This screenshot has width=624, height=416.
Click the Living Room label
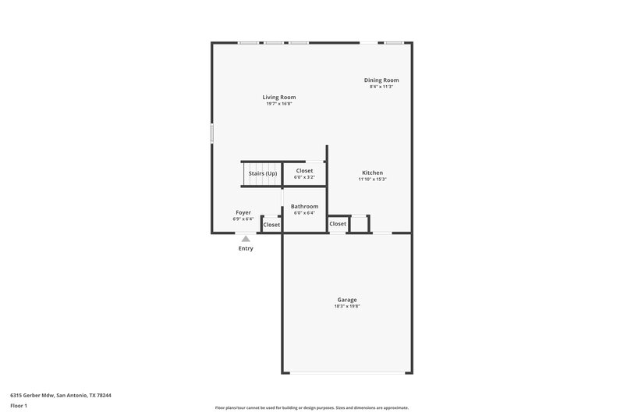tap(278, 98)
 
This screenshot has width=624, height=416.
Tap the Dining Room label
tap(381, 80)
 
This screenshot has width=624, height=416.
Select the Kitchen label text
tap(372, 172)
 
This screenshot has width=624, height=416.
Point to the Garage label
tap(347, 300)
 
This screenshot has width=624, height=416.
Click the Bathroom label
tap(304, 206)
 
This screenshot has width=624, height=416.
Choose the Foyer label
tap(243, 212)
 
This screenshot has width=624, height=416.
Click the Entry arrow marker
tap(246, 239)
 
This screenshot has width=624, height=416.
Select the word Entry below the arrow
tap(246, 248)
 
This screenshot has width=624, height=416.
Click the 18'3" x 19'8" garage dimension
tap(347, 307)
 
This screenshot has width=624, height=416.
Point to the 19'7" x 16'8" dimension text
tap(278, 104)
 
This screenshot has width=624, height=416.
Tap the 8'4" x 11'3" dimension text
tap(381, 87)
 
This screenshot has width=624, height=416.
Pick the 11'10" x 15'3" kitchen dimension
tap(372, 180)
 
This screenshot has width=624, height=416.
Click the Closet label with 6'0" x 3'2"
tap(304, 170)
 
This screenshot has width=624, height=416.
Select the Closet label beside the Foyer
tap(271, 225)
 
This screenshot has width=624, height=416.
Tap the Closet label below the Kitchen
tap(338, 224)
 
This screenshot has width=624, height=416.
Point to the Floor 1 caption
tap(18, 406)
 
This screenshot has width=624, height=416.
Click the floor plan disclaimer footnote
tap(311, 407)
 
